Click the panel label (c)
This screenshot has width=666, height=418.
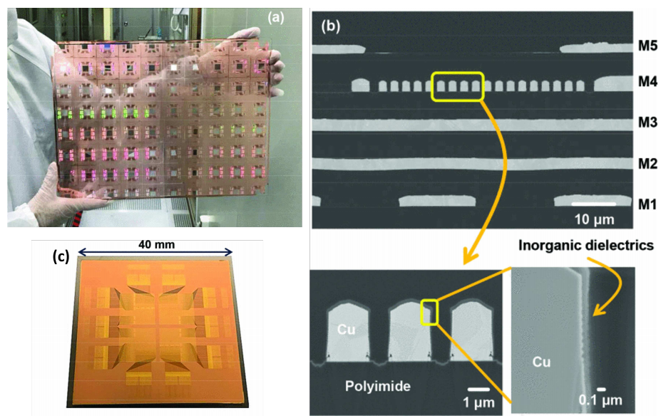[x=61, y=257]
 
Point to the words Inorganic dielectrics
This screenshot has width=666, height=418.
[x=585, y=246]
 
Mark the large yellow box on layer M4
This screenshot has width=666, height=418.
[x=458, y=86]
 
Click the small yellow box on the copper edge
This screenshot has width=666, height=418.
[x=430, y=311]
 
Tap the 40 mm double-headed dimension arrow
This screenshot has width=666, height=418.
[x=155, y=253]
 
